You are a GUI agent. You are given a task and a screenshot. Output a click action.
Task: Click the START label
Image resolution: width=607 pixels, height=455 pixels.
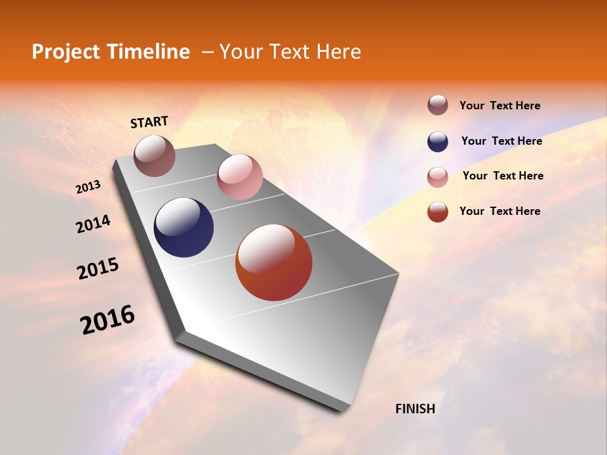(x=149, y=122)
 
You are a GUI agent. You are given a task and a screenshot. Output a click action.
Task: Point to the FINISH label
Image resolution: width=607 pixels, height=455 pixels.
(x=415, y=409)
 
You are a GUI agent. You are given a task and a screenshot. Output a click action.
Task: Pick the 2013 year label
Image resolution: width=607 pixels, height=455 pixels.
(x=88, y=187)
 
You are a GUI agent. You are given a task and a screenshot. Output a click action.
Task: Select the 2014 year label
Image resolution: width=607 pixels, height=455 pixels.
(x=93, y=224)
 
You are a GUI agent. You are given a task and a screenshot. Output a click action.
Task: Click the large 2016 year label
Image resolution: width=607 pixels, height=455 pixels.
(x=107, y=320)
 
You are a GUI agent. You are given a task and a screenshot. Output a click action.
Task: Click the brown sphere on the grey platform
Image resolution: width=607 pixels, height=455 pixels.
(x=154, y=155)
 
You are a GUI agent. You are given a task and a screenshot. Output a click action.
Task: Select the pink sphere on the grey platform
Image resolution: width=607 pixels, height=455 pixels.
(x=240, y=177)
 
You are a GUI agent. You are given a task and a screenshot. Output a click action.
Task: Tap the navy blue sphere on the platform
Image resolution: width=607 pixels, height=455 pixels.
(x=183, y=227)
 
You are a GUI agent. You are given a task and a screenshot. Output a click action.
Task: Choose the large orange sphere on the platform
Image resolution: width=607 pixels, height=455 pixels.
(x=274, y=262)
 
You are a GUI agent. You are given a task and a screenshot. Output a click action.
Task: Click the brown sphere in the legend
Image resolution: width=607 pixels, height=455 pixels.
(x=438, y=105)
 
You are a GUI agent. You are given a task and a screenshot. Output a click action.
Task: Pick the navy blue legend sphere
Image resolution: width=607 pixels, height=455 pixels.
(x=438, y=142)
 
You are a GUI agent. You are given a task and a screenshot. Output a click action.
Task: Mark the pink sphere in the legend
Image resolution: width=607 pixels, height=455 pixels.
(x=438, y=177)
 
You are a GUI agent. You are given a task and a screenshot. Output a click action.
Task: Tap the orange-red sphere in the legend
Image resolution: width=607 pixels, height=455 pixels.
(x=438, y=212)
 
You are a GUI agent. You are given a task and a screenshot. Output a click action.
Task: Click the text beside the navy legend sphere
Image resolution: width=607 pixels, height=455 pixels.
(x=501, y=141)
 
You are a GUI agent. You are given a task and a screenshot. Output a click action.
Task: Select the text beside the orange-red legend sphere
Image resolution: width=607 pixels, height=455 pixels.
(x=500, y=211)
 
